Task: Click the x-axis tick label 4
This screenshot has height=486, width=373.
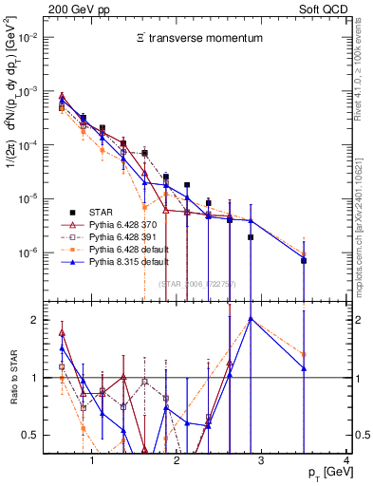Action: pyautogui.click(x=345, y=461)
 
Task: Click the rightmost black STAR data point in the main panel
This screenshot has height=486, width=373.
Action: pyautogui.click(x=304, y=260)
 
